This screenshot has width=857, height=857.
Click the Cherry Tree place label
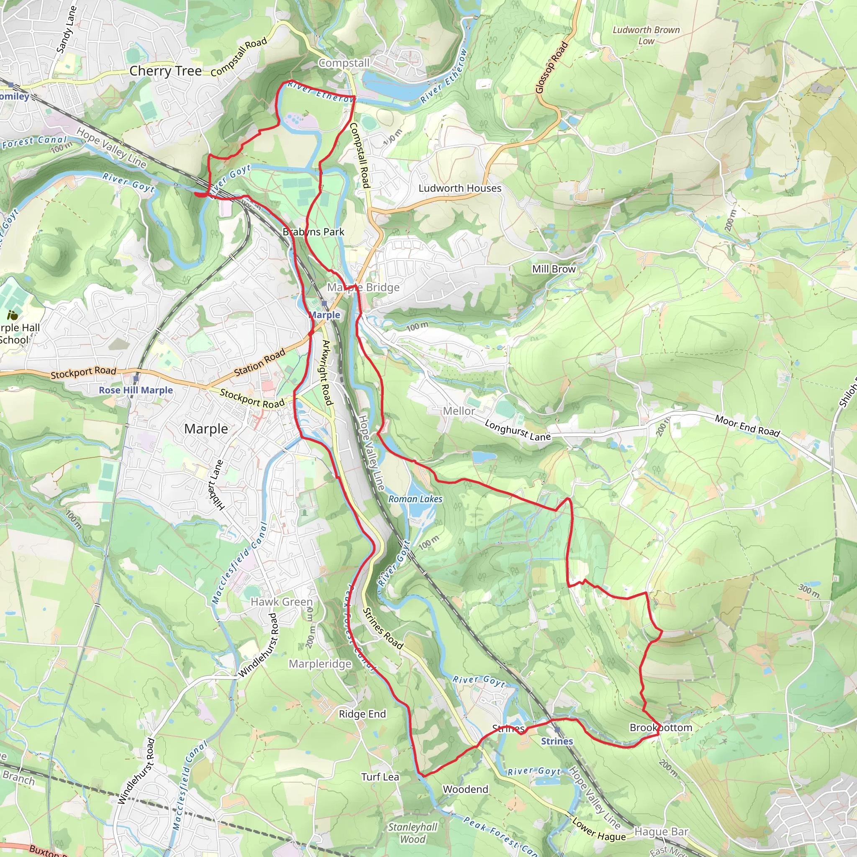165,71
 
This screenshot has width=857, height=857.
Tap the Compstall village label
344,63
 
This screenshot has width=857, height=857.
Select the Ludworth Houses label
459,188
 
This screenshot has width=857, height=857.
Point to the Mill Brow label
554,269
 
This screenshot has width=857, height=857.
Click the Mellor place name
459,411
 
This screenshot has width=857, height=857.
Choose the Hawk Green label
282,602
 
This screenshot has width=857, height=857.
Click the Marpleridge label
320,664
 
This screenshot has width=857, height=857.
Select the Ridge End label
362,714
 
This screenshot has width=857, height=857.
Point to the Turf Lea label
380,777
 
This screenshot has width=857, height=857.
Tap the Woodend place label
465,789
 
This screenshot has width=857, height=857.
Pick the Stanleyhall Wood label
413,833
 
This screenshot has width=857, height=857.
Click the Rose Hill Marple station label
136,390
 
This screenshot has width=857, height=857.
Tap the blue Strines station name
557,741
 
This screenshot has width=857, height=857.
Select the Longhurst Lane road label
517,430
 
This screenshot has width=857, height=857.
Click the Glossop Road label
552,67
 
